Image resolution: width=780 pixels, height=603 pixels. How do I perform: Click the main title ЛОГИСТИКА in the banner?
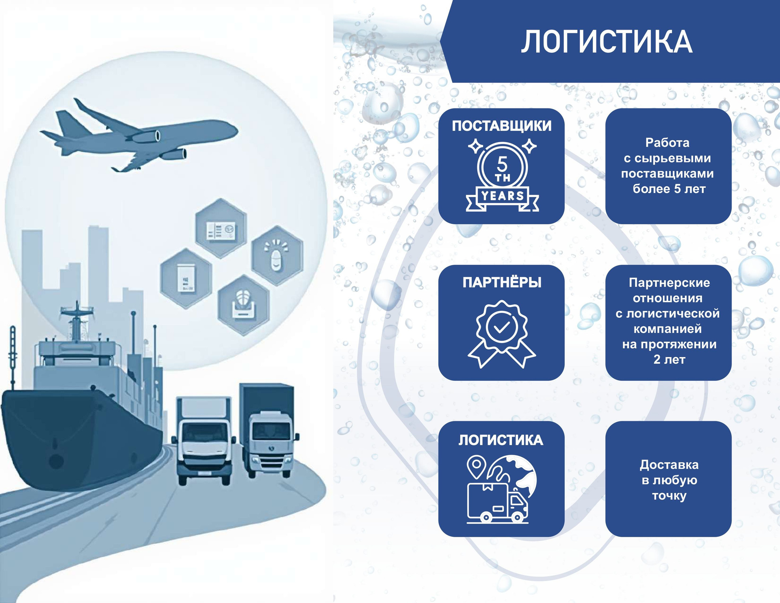coord(607,42)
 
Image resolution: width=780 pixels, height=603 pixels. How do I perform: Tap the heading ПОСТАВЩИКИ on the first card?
coord(502,126)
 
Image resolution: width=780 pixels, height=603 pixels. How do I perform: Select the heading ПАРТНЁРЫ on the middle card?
coord(502,282)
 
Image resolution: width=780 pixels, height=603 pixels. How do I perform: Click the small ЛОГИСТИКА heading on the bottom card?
coord(500,440)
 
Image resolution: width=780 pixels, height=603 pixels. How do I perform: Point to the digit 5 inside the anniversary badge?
coord(502,164)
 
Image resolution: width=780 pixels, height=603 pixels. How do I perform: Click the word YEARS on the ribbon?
coord(503,196)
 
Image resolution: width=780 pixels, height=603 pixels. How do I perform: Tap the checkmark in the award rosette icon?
coord(501,327)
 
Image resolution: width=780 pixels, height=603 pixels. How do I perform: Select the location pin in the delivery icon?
coord(476,466)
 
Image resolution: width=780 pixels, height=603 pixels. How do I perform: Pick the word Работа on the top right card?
coord(667,143)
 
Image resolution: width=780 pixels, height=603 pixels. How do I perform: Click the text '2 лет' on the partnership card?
coord(669,359)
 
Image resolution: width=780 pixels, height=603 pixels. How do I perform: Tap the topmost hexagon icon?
coord(221,228)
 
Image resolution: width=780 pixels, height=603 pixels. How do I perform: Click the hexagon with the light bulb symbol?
coord(277,255)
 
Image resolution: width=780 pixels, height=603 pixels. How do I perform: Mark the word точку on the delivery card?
coord(669,496)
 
